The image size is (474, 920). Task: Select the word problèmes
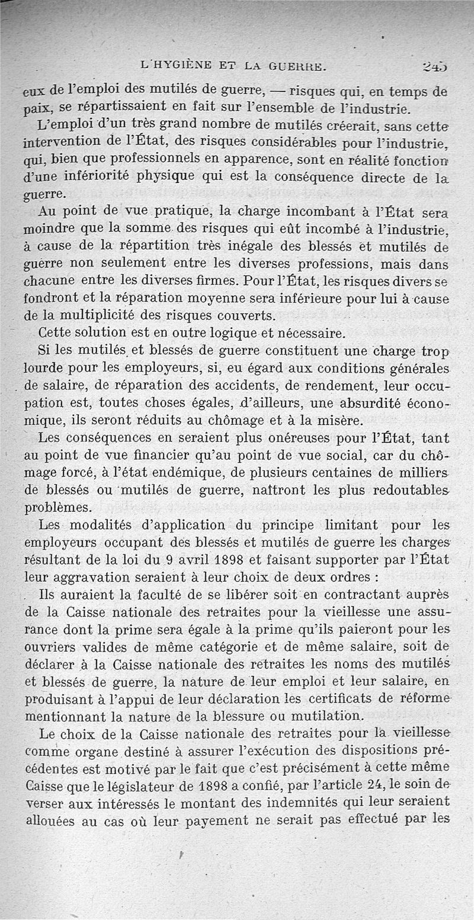click(x=57, y=508)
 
